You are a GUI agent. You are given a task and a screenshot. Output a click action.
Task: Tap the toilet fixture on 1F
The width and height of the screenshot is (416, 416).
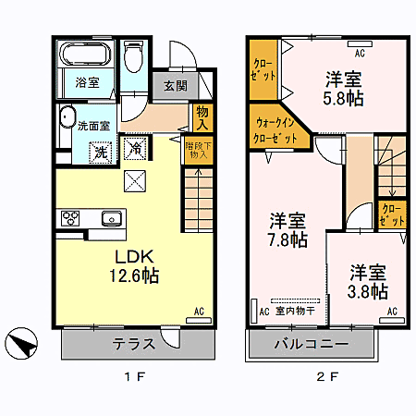[133, 61]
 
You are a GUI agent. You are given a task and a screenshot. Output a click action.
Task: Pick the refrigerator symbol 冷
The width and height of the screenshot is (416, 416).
[135, 148]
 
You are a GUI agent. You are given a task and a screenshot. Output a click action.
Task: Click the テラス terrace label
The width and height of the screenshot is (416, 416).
[134, 344]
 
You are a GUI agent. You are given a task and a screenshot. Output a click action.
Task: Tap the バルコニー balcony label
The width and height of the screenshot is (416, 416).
[311, 344]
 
